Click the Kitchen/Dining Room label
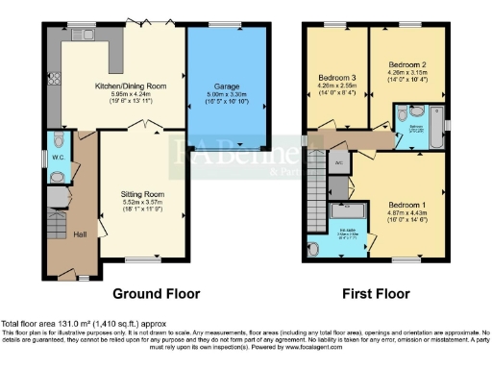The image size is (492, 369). tap(120, 85)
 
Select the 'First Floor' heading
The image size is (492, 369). tap(377, 293)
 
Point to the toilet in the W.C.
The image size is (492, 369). tap(60, 176)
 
